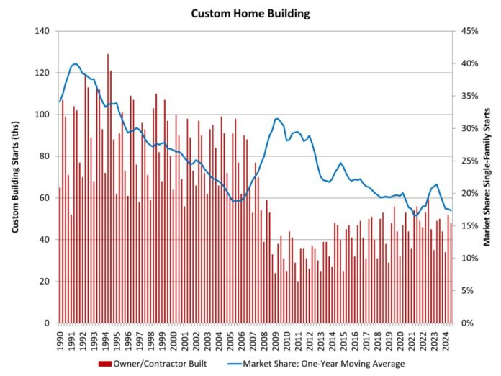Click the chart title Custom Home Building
(x=250, y=13)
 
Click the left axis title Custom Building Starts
(x=15, y=176)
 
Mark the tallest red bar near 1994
(x=108, y=55)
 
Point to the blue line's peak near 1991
(x=75, y=64)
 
